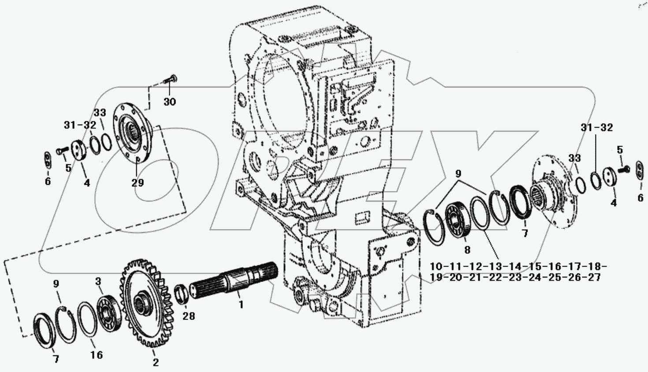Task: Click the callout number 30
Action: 170,102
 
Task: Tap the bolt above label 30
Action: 169,79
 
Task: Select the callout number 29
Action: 138,182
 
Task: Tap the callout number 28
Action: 188,316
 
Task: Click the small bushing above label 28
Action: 182,294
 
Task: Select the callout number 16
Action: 97,355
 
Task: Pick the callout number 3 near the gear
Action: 98,281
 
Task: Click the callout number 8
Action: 467,250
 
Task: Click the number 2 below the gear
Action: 156,362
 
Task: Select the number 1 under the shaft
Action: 241,304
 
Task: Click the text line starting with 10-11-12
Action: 518,267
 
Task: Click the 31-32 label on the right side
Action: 596,128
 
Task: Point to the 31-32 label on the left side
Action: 80,125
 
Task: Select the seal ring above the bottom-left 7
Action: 46,327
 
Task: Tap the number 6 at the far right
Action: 640,198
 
